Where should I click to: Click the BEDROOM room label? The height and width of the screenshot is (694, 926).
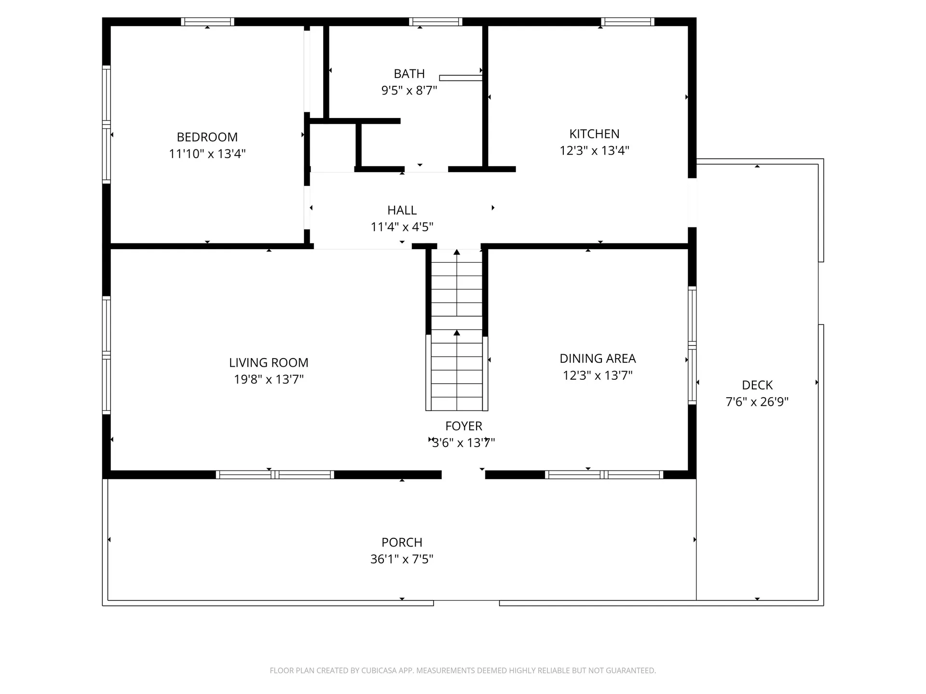[207, 137]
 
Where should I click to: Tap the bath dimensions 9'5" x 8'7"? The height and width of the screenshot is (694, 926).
[409, 91]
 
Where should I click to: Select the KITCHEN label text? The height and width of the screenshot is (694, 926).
[594, 133]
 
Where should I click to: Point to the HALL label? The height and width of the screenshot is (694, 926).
[402, 210]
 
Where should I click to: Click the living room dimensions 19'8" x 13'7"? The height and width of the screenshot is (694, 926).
[269, 379]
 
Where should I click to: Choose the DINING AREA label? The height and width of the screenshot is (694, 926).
[598, 359]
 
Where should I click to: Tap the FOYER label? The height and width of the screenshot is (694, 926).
[463, 426]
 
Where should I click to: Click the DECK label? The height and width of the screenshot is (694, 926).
[757, 385]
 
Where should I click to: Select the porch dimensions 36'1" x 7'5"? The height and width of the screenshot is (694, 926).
[402, 559]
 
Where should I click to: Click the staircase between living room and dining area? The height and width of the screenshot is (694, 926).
[457, 333]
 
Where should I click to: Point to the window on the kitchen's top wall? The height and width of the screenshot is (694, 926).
[627, 22]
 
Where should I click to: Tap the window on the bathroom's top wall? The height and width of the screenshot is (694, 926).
[436, 22]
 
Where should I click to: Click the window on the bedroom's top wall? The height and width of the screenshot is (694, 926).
[207, 22]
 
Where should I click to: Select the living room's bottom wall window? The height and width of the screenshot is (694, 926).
[275, 475]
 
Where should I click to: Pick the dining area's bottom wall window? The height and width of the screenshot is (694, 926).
[604, 475]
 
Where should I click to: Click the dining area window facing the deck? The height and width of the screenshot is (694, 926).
[692, 345]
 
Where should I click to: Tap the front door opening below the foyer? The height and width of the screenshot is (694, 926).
[463, 475]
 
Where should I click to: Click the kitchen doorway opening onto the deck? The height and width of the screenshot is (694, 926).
[692, 202]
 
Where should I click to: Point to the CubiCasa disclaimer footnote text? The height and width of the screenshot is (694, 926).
[463, 670]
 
